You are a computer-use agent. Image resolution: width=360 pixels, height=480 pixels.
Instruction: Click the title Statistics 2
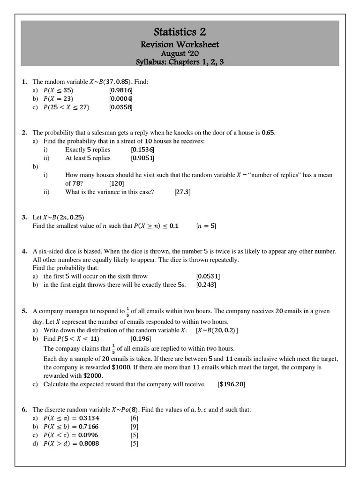(x=180, y=32)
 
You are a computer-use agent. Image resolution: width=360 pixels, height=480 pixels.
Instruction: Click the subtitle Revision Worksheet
(x=180, y=45)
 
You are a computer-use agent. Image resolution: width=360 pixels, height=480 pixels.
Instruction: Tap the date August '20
(x=180, y=53)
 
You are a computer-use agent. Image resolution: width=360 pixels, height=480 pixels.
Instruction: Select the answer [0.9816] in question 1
(x=121, y=90)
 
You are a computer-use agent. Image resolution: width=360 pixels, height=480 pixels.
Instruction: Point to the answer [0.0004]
(x=121, y=99)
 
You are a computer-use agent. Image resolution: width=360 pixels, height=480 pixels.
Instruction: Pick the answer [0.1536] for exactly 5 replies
(x=142, y=150)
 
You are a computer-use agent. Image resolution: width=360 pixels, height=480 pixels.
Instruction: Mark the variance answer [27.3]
(x=182, y=192)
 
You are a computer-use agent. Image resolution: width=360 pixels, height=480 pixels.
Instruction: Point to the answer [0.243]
(x=206, y=285)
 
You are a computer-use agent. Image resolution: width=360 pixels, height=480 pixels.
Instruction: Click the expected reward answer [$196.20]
(x=232, y=384)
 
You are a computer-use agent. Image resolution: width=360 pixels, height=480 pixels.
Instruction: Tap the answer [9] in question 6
(x=134, y=427)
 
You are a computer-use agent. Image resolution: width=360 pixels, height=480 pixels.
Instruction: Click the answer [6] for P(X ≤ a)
(x=134, y=418)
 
